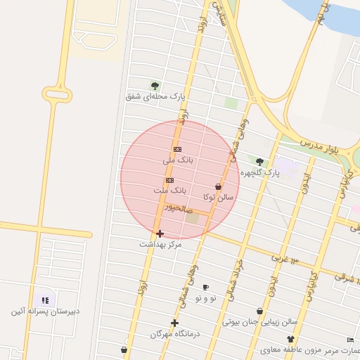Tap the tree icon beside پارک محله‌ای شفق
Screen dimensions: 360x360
click(x=155, y=86)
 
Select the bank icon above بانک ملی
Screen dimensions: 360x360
click(x=177, y=149)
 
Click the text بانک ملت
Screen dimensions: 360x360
click(x=169, y=191)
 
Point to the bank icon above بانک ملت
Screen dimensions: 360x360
click(x=169, y=180)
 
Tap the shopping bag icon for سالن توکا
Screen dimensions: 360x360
click(x=218, y=187)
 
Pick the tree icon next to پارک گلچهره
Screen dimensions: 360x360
click(x=259, y=162)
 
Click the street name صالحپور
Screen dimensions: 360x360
click(x=178, y=208)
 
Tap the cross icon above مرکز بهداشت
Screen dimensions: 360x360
click(x=160, y=233)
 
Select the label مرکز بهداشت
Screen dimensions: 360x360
click(x=160, y=244)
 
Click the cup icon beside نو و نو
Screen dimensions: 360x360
click(x=206, y=287)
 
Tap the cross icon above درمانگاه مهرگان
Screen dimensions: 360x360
click(x=175, y=323)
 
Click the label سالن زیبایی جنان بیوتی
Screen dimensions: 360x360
click(x=260, y=322)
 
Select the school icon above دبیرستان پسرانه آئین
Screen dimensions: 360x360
click(x=45, y=300)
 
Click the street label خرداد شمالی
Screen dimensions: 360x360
click(x=234, y=277)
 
